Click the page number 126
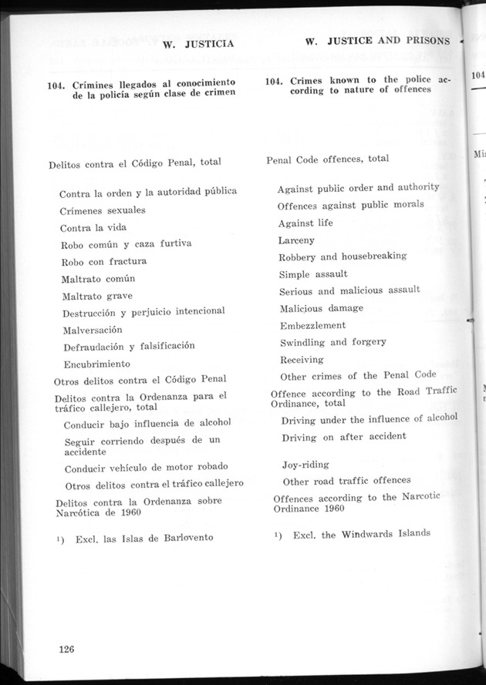(66, 649)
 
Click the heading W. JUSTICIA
(199, 44)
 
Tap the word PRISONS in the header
(427, 40)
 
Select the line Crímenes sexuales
(103, 210)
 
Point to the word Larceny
(297, 240)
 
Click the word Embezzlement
(313, 325)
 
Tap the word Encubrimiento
(97, 363)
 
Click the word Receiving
(302, 359)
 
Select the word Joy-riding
(305, 464)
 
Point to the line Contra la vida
(93, 227)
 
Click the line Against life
(306, 223)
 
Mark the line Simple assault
(313, 274)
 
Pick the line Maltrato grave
(97, 295)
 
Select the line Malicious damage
(321, 307)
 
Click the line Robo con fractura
(104, 260)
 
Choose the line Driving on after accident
(344, 436)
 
